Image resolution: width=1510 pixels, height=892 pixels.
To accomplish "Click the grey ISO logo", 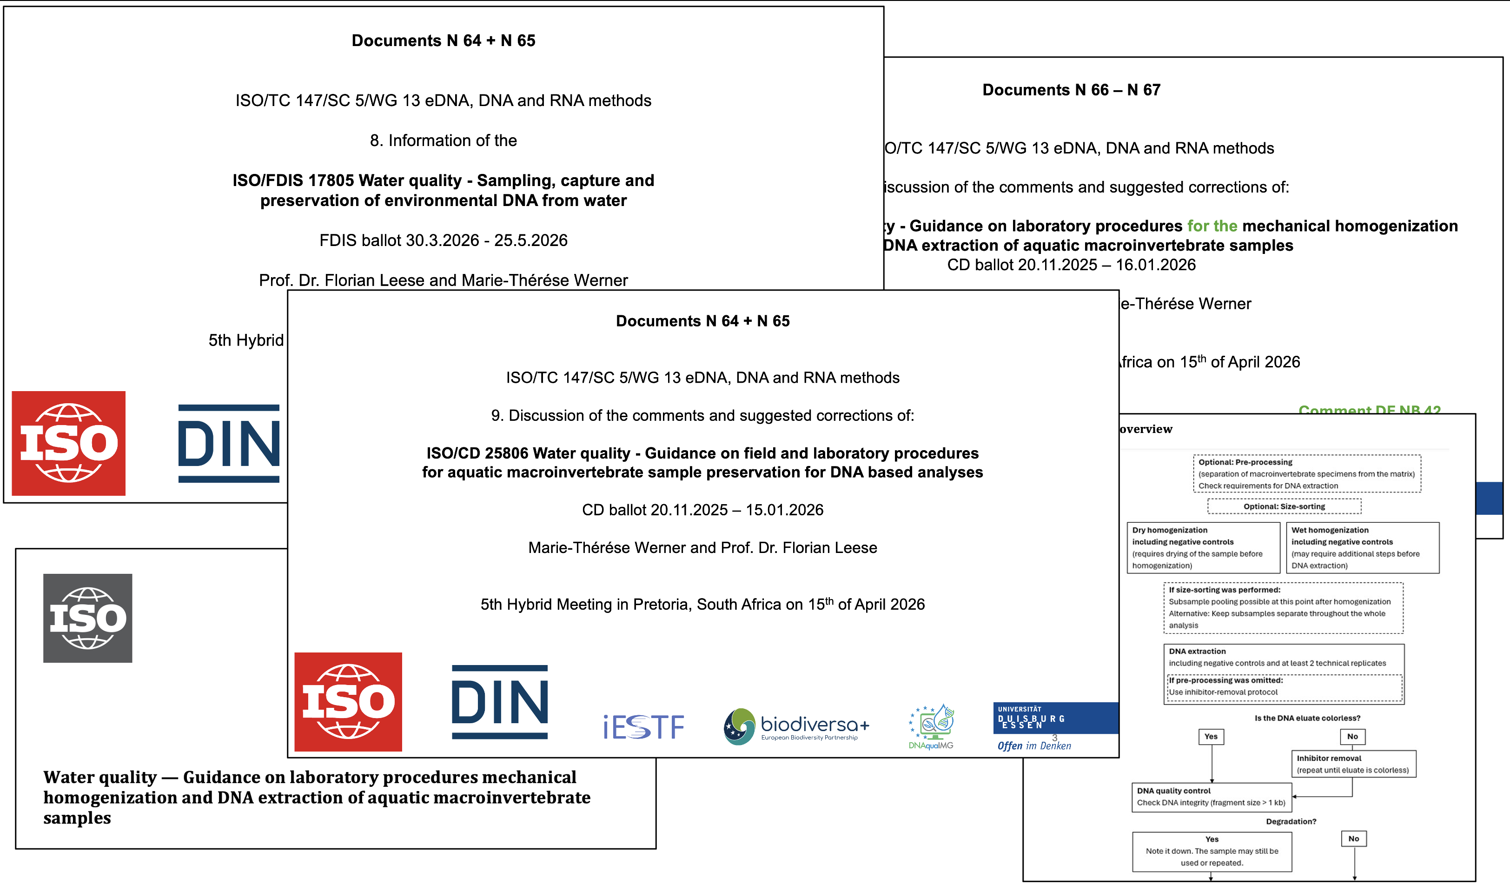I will click(88, 618).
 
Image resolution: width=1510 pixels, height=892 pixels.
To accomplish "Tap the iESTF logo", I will click(643, 727).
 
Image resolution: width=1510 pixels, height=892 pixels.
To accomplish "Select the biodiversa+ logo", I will click(796, 727).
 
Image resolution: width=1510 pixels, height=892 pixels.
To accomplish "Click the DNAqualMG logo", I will click(931, 727).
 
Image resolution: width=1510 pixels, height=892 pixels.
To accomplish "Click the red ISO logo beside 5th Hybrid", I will click(68, 444).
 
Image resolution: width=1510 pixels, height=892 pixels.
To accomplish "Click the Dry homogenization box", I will click(1203, 547).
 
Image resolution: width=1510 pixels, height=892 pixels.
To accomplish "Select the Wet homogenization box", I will click(1362, 547).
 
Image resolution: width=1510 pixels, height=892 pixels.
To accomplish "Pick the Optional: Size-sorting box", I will click(1284, 507).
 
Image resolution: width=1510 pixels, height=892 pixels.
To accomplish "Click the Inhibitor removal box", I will click(1353, 764).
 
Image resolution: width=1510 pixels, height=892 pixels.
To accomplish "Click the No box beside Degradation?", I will click(1353, 839).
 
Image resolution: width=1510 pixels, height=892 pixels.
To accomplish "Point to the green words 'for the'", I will click(1212, 226).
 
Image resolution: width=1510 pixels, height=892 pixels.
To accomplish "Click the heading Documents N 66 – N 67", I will click(1071, 90).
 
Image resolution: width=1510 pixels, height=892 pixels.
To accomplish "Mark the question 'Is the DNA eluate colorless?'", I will click(1307, 718).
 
